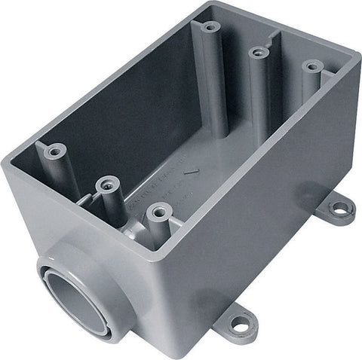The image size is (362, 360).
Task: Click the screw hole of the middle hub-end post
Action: pos(106,182)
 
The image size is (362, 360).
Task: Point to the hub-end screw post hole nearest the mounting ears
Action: pos(158,211)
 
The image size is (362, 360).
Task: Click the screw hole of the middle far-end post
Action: pos(259,52)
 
